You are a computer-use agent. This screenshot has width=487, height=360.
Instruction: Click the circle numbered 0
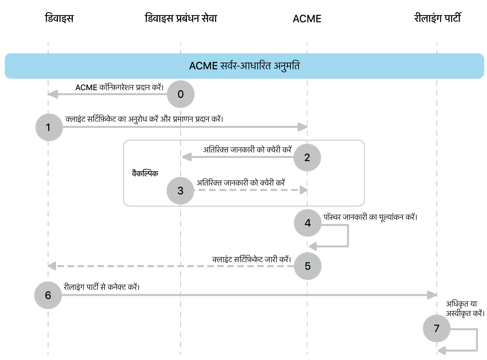pos(181,94)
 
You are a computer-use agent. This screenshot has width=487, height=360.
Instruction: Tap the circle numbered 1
pos(49,127)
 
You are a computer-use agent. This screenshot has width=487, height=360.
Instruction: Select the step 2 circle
pos(307,157)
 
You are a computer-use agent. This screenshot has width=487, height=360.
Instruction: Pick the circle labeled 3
pos(181,191)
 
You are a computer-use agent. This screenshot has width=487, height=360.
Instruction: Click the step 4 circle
pos(308,223)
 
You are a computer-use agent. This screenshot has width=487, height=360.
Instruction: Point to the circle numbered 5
pos(308,266)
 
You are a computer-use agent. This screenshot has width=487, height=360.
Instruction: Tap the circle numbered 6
pos(48,295)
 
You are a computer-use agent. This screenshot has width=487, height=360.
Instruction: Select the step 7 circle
pos(437,329)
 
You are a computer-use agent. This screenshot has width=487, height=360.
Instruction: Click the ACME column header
pos(307,19)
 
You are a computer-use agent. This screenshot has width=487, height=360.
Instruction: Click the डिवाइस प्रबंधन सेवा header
pos(181,18)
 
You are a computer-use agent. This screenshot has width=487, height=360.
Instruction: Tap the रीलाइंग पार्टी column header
pos(437,18)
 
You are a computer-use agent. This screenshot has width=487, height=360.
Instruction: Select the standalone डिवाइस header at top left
pos(59,18)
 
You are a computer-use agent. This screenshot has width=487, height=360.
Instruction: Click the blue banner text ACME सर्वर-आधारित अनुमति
pos(244,66)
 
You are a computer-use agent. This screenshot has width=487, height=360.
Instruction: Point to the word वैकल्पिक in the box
pos(145,173)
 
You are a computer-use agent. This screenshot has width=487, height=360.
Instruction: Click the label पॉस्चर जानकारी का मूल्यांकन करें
pos(370,217)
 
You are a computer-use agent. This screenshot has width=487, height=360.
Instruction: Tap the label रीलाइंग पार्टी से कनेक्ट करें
pos(101,287)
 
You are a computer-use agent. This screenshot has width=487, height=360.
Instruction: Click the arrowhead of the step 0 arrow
pos(53,94)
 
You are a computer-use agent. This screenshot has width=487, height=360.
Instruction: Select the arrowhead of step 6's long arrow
pos(432,295)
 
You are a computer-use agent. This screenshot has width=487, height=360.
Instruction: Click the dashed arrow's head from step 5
pos(52,266)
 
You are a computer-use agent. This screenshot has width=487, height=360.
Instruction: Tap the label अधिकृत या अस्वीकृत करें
pos(465,309)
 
